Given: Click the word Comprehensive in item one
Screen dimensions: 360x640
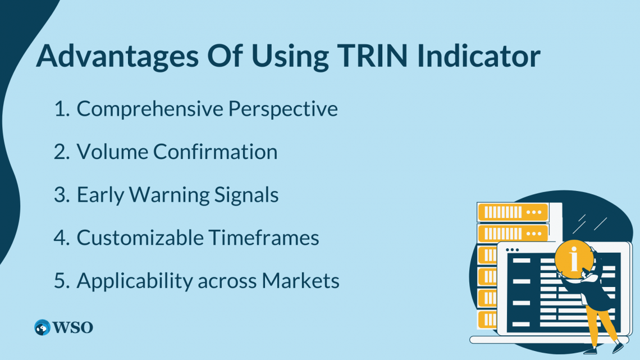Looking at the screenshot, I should click(149, 109).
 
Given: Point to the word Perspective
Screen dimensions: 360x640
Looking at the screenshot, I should click(283, 109).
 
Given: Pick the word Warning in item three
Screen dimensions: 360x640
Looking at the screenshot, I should click(171, 195).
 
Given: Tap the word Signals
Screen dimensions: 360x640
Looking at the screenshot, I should click(248, 195).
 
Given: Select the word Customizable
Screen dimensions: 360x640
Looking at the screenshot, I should click(140, 238).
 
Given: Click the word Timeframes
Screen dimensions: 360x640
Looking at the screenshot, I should click(264, 238).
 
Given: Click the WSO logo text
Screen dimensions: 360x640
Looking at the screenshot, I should click(72, 327).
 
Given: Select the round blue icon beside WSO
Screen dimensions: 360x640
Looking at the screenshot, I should click(42, 327).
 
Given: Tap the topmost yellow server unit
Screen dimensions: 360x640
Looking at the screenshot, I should click(512, 212).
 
